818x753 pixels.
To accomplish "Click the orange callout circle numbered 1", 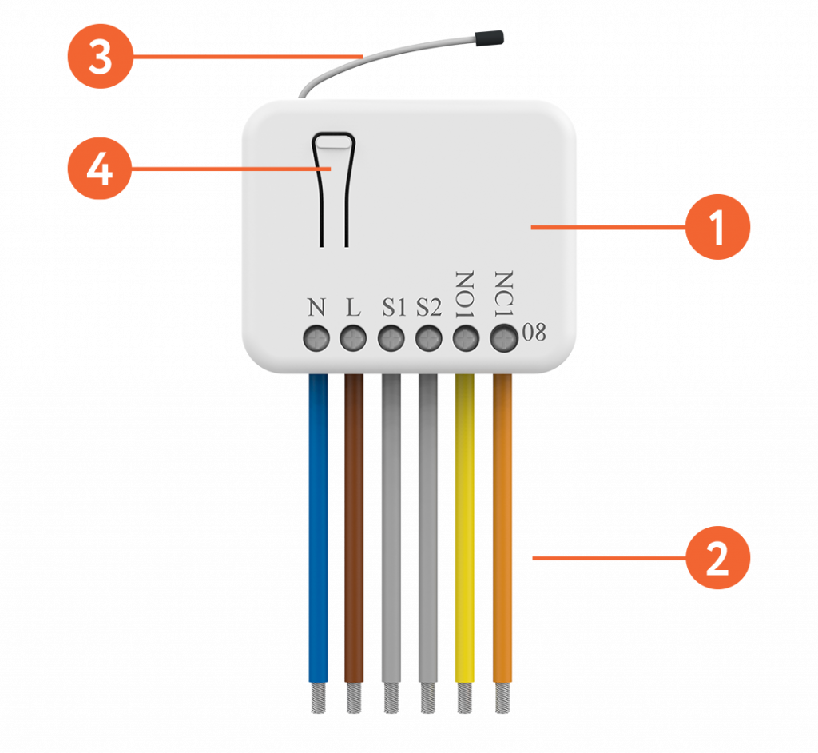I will coord(717,227).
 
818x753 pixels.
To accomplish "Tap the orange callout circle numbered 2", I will coord(717,558).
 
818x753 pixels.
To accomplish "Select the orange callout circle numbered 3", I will coord(100,58).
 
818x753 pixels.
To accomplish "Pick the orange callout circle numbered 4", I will coord(100,169).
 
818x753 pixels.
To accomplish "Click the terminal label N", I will coord(316,307).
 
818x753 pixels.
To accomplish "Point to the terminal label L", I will coord(353,307).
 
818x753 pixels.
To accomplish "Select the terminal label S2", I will coord(428,307).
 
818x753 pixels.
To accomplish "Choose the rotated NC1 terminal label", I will coord(503,294).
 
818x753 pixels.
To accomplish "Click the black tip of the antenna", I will coord(487,36).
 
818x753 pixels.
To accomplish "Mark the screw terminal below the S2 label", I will coord(428,339).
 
